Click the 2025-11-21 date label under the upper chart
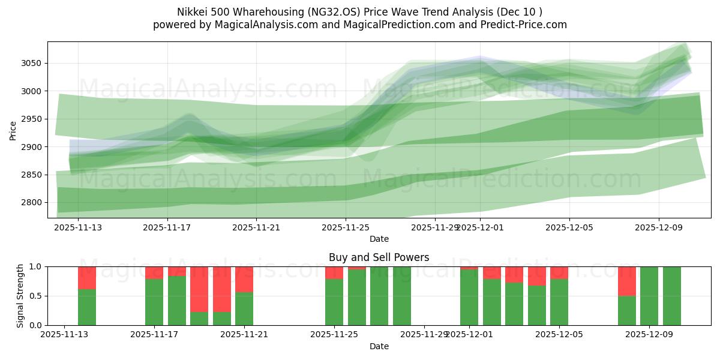256,227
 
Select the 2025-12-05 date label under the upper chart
569,227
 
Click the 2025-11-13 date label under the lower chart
64,335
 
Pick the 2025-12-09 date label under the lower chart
649,335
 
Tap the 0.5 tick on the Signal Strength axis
35,296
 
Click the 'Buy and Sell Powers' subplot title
379,257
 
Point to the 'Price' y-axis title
13,130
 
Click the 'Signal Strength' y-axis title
20,296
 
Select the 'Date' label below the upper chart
379,239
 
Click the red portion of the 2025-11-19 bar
199,289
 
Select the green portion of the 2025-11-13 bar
87,307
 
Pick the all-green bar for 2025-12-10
672,296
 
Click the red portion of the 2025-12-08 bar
627,281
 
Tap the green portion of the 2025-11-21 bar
244,308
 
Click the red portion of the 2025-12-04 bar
537,276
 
